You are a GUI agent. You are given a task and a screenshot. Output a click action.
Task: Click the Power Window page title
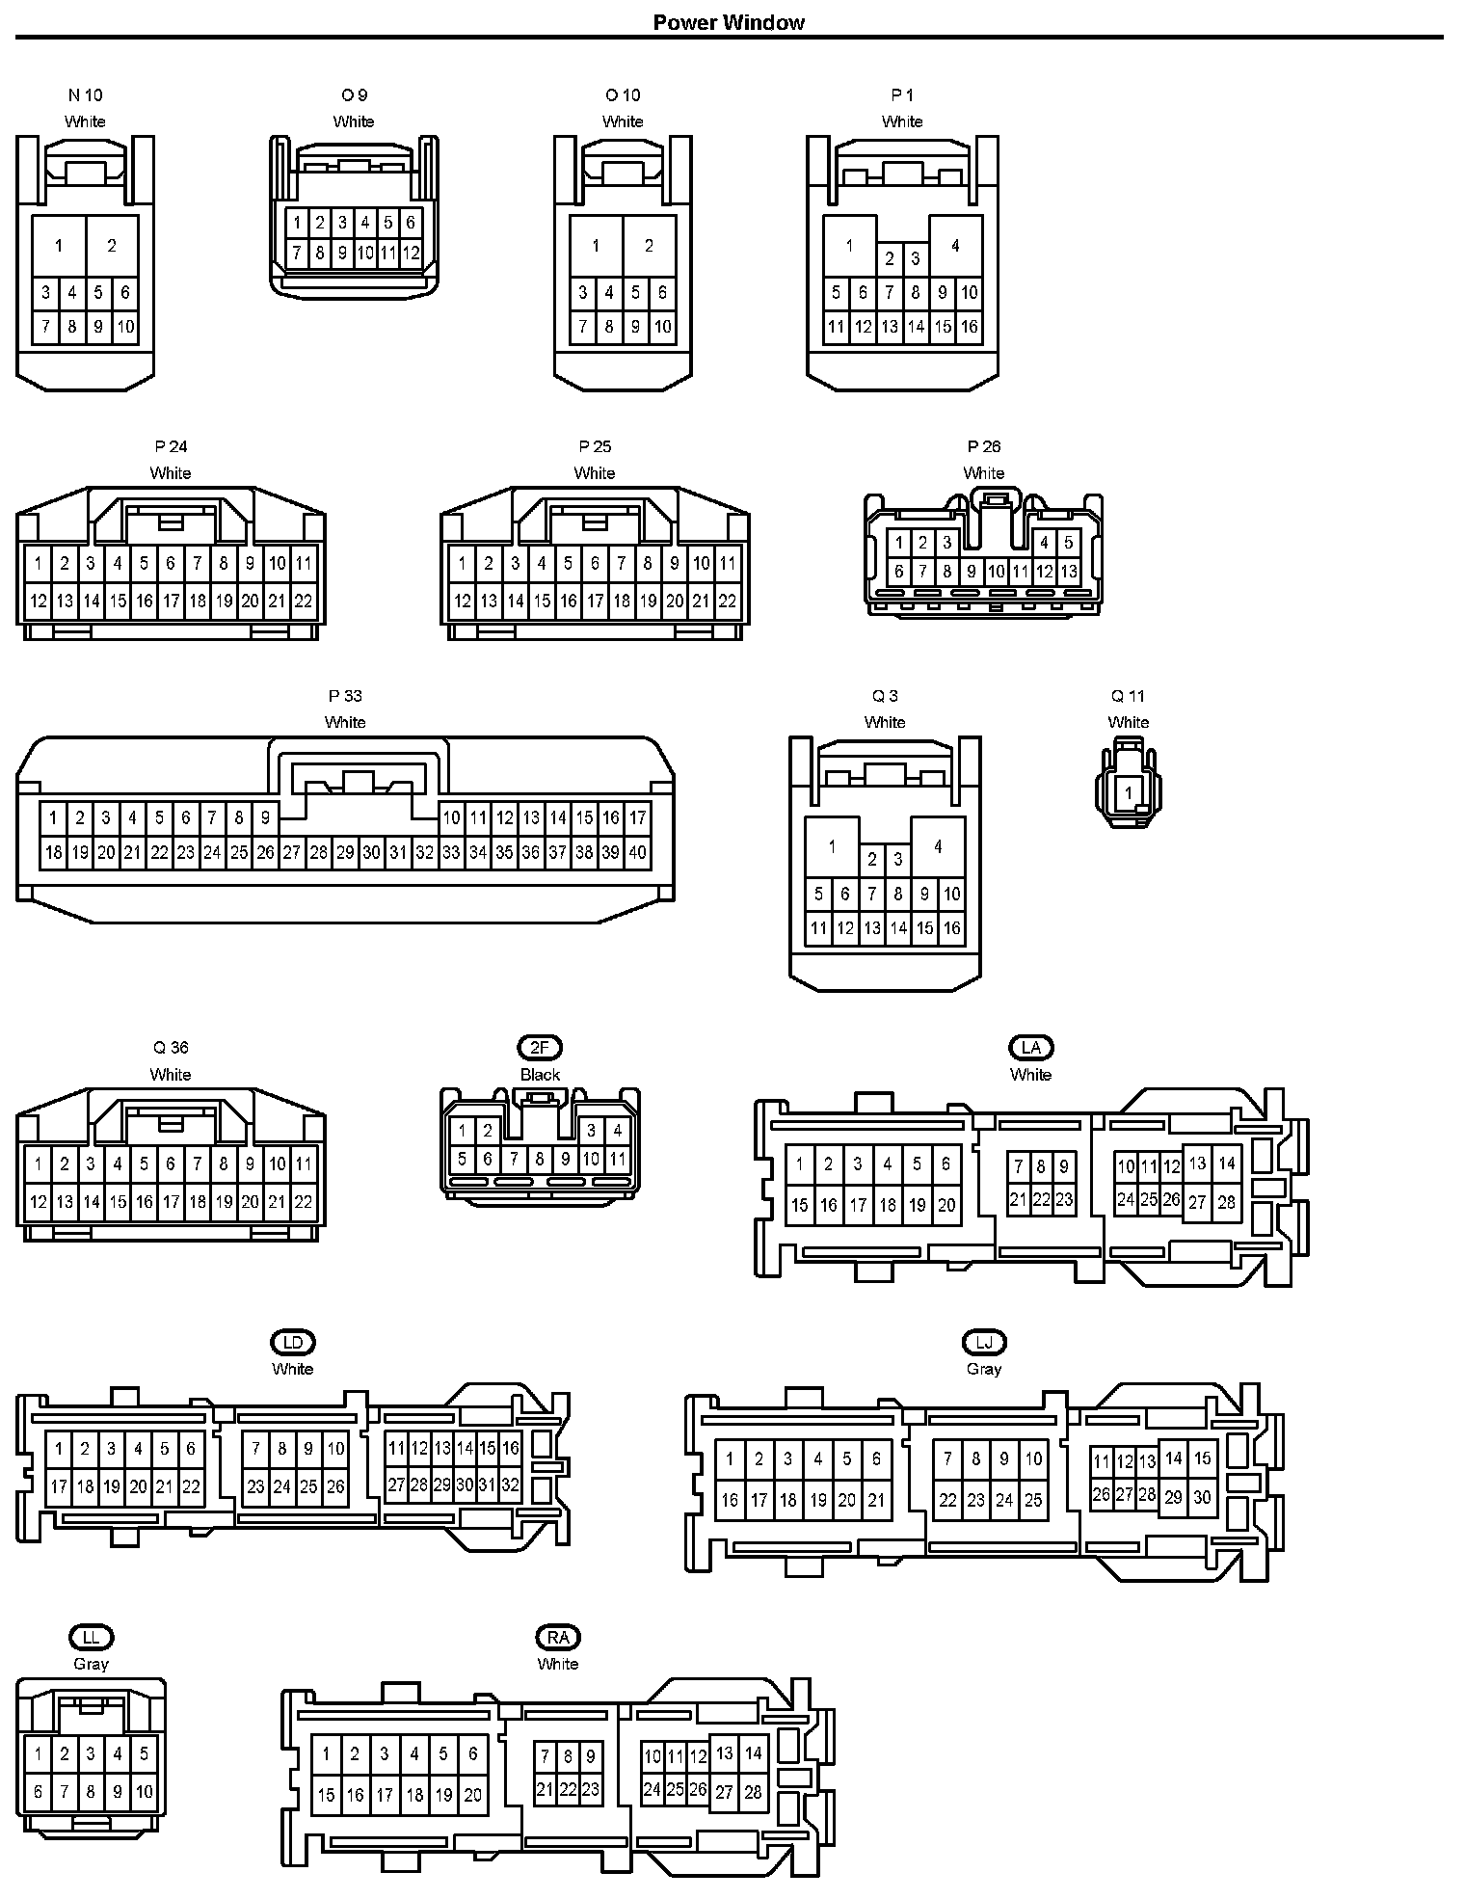(729, 22)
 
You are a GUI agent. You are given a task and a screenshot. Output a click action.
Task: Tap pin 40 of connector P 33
(637, 852)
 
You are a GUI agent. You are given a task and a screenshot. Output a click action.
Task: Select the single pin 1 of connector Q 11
(1129, 794)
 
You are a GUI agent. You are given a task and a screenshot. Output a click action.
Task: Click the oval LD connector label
(292, 1343)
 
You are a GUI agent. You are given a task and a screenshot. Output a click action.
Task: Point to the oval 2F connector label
(540, 1048)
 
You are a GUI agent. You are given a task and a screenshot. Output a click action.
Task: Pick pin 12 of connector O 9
(411, 254)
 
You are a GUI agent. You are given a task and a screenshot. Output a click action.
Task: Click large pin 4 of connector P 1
(955, 246)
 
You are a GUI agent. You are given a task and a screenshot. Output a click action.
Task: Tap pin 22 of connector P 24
(303, 601)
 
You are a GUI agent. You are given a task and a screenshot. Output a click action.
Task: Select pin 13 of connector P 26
(1068, 572)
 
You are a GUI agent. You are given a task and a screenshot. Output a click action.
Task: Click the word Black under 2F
(540, 1075)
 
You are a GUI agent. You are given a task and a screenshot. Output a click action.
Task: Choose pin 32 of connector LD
(511, 1485)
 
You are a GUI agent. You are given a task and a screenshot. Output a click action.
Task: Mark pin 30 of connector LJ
(1202, 1497)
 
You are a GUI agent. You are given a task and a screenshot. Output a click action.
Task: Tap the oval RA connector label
(558, 1638)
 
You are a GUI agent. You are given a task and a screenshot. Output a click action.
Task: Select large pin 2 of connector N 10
(112, 246)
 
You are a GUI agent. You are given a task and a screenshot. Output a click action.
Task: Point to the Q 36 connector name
(171, 1048)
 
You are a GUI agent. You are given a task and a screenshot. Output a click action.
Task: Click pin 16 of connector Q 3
(951, 928)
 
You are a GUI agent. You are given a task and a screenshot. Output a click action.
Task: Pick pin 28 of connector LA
(1226, 1202)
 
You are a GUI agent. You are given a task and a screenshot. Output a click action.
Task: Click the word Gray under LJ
(983, 1369)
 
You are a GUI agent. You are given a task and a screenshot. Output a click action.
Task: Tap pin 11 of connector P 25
(728, 563)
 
